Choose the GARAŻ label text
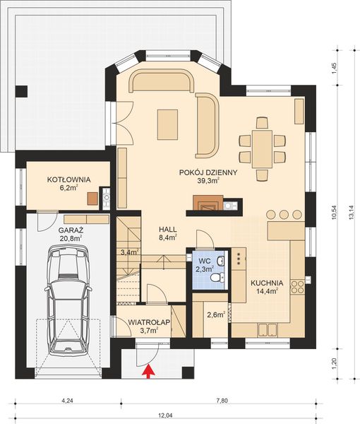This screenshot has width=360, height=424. point(70,230)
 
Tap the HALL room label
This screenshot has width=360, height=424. point(167,229)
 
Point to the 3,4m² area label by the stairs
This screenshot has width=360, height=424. point(129,252)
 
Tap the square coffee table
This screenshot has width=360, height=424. point(168,124)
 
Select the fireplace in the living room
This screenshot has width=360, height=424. point(205,206)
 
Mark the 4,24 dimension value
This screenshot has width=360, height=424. point(68,401)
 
